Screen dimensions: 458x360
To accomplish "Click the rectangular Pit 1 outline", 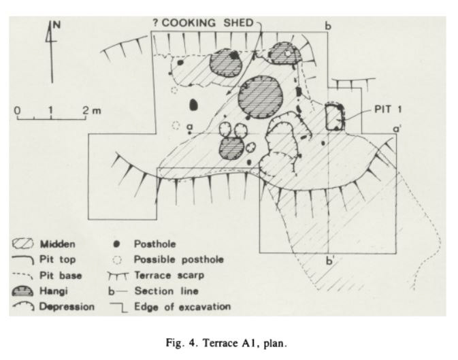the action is [x=334, y=116].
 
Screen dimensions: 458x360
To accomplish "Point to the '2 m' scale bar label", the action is [x=91, y=110].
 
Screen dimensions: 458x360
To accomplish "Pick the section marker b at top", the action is [x=328, y=27].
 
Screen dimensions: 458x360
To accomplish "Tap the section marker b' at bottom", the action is [x=331, y=260].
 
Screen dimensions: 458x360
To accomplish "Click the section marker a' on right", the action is [x=397, y=127].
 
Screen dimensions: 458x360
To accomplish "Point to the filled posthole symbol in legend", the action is [x=116, y=243].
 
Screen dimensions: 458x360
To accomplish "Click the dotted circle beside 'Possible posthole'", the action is [x=116, y=259].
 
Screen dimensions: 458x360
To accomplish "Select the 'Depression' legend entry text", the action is [x=67, y=307].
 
